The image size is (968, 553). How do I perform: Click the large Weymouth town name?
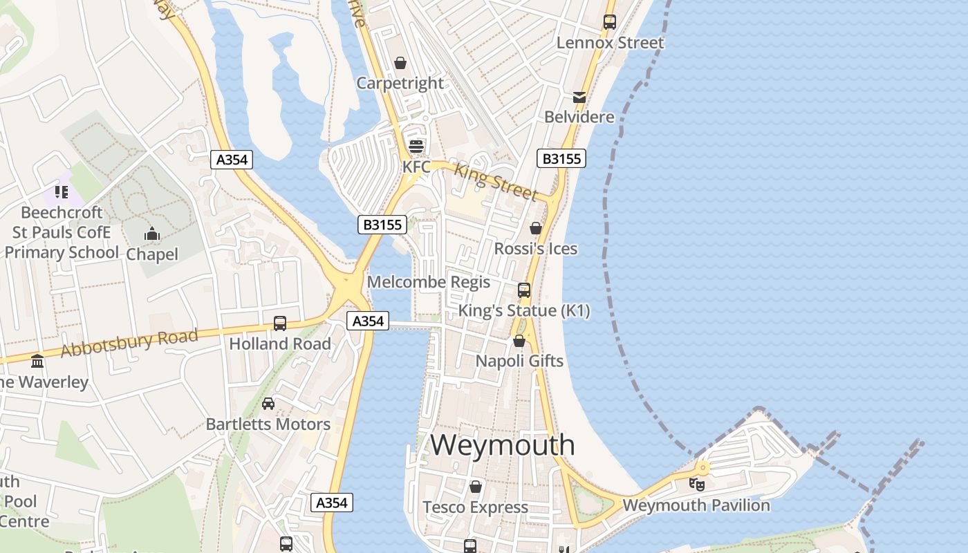(502, 444)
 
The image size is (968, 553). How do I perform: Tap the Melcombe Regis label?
(429, 282)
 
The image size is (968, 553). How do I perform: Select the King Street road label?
(495, 180)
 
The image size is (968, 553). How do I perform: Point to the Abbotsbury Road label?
(129, 343)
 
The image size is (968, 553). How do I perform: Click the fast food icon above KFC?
(416, 146)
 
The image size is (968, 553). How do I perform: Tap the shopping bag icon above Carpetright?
(400, 64)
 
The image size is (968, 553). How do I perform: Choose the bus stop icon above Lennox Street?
(609, 22)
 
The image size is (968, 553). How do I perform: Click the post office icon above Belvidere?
(579, 97)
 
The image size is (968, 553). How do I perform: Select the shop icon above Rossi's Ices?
(535, 227)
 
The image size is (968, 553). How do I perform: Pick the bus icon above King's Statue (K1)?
(524, 290)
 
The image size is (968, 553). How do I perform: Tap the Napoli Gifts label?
(519, 361)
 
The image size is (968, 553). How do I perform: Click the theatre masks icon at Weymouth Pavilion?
(698, 484)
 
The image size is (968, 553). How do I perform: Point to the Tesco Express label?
(475, 507)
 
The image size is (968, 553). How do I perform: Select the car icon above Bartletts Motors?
(268, 404)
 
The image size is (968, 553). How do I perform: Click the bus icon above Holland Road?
(280, 323)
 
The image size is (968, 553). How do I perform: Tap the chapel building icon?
(152, 234)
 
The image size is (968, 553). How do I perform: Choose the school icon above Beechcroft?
(62, 191)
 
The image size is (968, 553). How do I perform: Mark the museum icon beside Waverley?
(37, 361)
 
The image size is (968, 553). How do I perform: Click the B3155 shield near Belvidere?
(561, 159)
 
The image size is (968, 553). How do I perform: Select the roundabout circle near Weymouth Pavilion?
(702, 468)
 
